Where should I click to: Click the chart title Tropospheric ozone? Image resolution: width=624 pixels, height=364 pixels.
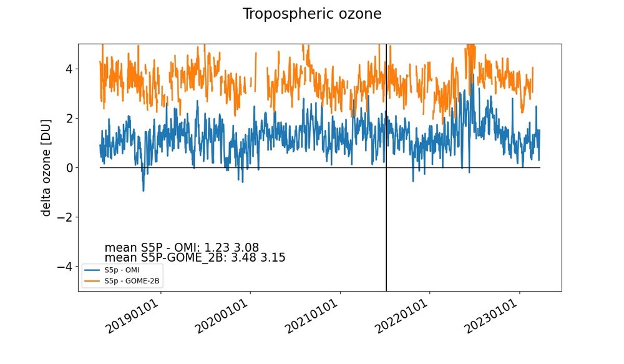312,14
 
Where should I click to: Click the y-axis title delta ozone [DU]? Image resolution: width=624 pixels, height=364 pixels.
46,168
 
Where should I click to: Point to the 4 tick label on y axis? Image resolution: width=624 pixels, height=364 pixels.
69,69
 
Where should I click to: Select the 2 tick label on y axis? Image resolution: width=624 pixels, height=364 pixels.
69,118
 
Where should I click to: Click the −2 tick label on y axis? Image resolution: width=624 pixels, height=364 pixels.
65,217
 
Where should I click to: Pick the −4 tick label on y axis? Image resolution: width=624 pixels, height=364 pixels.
65,267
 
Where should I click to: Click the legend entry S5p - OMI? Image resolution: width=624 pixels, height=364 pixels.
125,270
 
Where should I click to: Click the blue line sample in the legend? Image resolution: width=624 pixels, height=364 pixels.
92,270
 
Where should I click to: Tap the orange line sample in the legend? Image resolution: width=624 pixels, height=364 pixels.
92,281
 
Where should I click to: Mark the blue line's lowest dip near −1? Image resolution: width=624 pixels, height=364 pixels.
144,190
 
